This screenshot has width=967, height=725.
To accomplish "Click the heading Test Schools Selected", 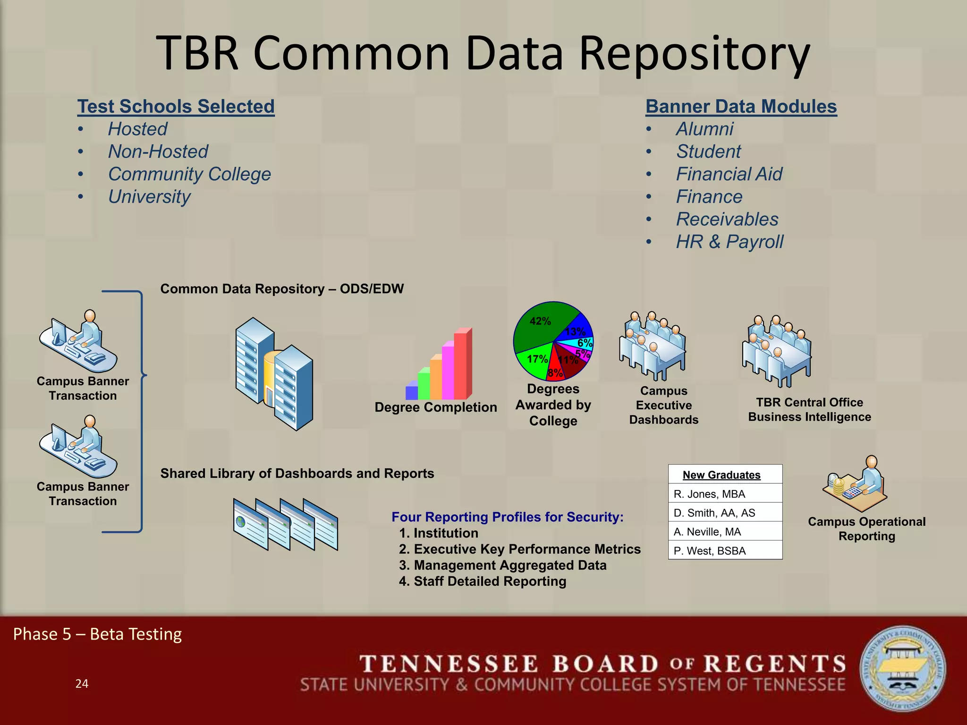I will click(x=176, y=107).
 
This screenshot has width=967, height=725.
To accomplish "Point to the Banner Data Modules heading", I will click(x=741, y=107).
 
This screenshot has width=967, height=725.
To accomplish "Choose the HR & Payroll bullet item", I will click(x=729, y=242).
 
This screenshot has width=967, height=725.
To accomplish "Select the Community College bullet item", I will click(x=189, y=174).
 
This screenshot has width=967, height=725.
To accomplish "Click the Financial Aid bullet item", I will click(x=729, y=174).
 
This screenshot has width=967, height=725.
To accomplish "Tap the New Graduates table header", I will click(x=721, y=475).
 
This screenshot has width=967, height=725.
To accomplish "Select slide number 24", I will click(x=82, y=683).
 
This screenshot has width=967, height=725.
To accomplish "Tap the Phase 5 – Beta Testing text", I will click(x=97, y=634).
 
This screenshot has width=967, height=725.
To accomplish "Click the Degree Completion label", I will click(x=435, y=407).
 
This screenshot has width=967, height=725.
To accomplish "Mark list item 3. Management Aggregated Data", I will click(x=502, y=565).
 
